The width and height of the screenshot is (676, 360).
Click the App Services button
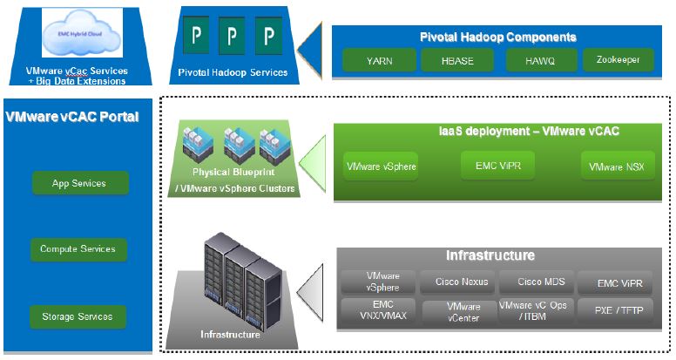tap(79, 183)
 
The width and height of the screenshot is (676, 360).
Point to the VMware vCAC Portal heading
tap(72, 116)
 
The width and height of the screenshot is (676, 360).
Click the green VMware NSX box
tap(618, 166)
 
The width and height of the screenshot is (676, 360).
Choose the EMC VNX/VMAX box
tap(376, 310)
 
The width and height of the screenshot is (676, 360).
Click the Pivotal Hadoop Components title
tap(497, 37)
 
